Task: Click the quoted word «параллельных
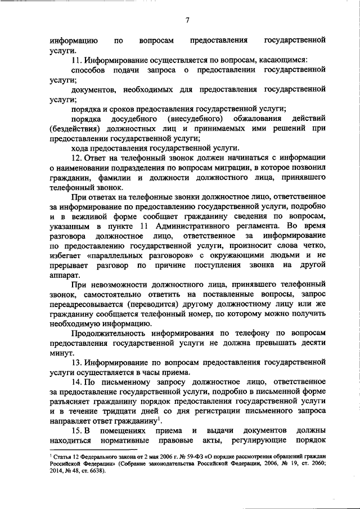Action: tap(118, 256)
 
